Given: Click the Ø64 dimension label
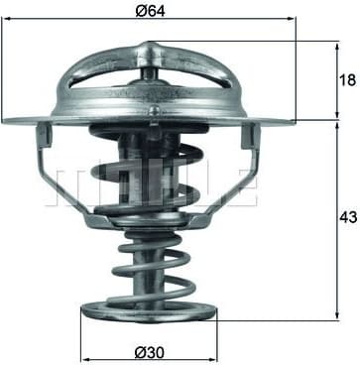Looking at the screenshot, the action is click(150, 11).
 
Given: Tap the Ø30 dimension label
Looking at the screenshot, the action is click(150, 353).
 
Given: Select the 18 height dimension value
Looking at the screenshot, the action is click(347, 80).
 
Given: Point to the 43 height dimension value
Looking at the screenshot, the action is click(348, 217).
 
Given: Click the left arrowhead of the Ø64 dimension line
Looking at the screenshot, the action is click(7, 19).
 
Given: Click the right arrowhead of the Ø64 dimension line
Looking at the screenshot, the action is click(291, 19).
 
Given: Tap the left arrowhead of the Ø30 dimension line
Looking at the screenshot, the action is click(86, 359).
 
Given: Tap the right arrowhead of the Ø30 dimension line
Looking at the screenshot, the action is click(212, 359).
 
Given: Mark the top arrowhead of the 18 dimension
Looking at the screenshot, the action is click(337, 47).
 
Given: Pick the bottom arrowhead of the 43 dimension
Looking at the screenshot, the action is click(337, 314).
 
